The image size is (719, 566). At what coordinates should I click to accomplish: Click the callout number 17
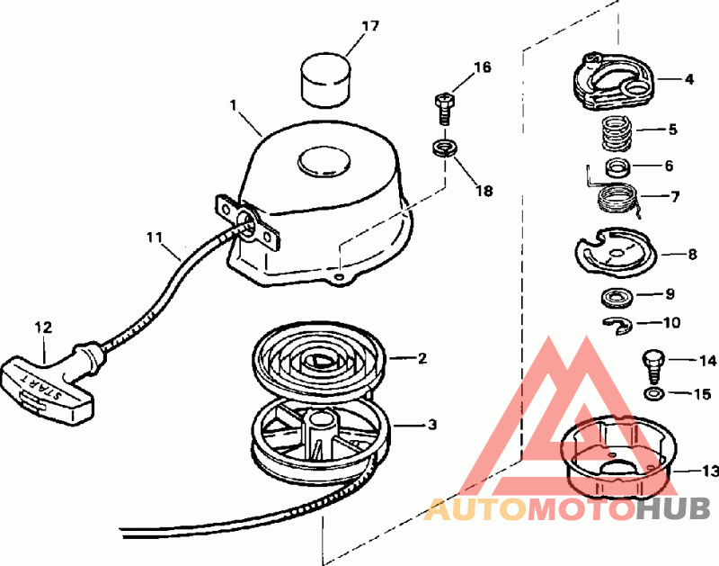coord(346,26)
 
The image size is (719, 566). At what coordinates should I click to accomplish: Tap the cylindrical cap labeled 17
coord(324,78)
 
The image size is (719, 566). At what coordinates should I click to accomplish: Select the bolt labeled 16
coord(441,106)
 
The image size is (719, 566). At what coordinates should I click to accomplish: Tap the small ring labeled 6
coord(618,167)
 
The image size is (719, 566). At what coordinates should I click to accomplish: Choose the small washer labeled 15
coord(653,394)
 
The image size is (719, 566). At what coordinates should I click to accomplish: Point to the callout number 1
coord(233,105)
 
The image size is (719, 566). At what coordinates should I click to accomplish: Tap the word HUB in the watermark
coord(670,509)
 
